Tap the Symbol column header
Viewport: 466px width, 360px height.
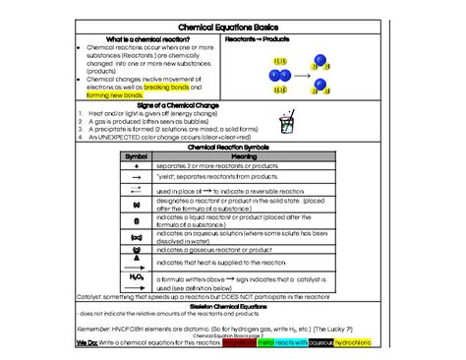tap(137, 155)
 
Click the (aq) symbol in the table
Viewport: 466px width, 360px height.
tap(137, 237)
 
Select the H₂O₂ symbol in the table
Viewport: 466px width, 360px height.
tap(137, 277)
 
